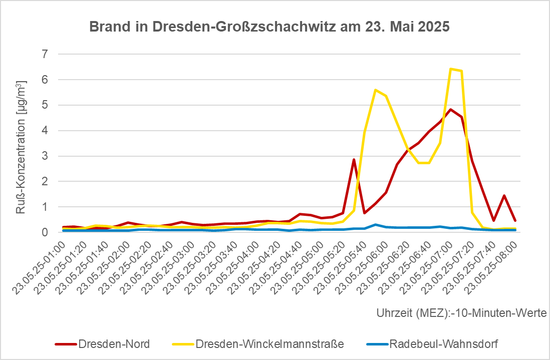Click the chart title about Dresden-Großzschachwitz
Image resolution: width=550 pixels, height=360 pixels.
(269, 27)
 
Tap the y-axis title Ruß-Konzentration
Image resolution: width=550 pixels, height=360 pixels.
(21, 147)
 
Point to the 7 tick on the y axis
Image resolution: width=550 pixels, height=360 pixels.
(45, 54)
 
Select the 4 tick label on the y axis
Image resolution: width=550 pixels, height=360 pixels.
(45, 130)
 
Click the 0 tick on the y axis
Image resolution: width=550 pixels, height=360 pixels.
(45, 232)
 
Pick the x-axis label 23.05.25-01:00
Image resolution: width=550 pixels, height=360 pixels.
(39, 268)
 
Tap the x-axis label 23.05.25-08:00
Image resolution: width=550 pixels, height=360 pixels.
(490, 268)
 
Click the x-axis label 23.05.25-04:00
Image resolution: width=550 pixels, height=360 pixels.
(232, 268)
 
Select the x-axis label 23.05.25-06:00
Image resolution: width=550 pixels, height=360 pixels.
(361, 268)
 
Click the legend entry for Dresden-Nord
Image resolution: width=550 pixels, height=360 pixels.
(102, 344)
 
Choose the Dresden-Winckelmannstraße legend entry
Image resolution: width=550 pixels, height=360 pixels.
(258, 344)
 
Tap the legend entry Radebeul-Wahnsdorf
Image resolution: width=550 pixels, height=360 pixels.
(432, 344)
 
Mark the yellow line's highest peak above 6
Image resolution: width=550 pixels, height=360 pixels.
(451, 69)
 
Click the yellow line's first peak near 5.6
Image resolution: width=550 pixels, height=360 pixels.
(375, 90)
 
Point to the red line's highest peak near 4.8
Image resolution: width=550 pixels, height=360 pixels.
(451, 109)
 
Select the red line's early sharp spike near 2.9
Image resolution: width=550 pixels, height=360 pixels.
(354, 160)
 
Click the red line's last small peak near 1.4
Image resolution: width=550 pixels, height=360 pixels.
(504, 196)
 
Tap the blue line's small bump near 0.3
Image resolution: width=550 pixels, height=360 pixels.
(375, 224)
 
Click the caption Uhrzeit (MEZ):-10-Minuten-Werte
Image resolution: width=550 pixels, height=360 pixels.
(462, 312)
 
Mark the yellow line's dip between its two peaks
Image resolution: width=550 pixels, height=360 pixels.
(424, 163)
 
